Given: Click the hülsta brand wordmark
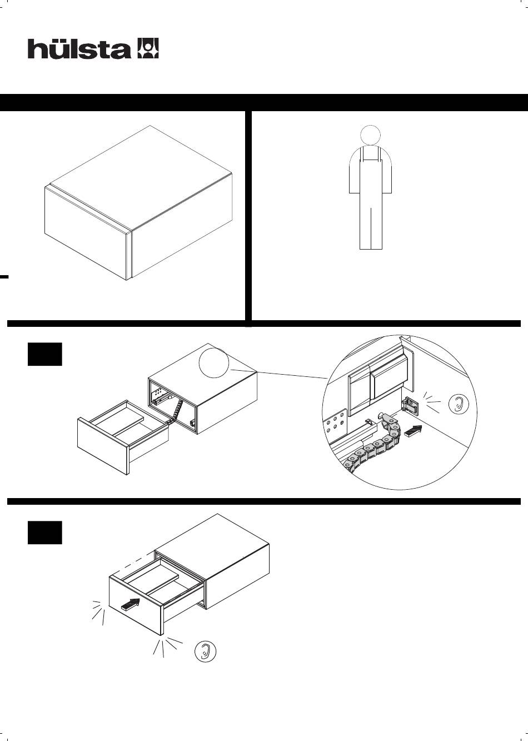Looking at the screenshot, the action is (79, 49).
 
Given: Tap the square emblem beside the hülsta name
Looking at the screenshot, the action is (148, 48).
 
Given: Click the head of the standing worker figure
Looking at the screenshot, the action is (370, 135).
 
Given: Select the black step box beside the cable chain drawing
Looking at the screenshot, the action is (44, 354).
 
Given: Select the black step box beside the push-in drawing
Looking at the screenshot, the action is (44, 533).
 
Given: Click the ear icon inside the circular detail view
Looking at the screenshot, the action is (458, 404).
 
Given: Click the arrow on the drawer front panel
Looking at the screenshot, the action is (131, 604).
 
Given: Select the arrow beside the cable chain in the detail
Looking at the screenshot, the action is (414, 431).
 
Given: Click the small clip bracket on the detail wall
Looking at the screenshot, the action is (410, 406).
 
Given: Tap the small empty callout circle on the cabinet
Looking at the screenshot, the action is (214, 362).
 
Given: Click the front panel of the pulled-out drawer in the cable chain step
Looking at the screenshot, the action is (103, 446).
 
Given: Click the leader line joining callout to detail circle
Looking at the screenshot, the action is (279, 374).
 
